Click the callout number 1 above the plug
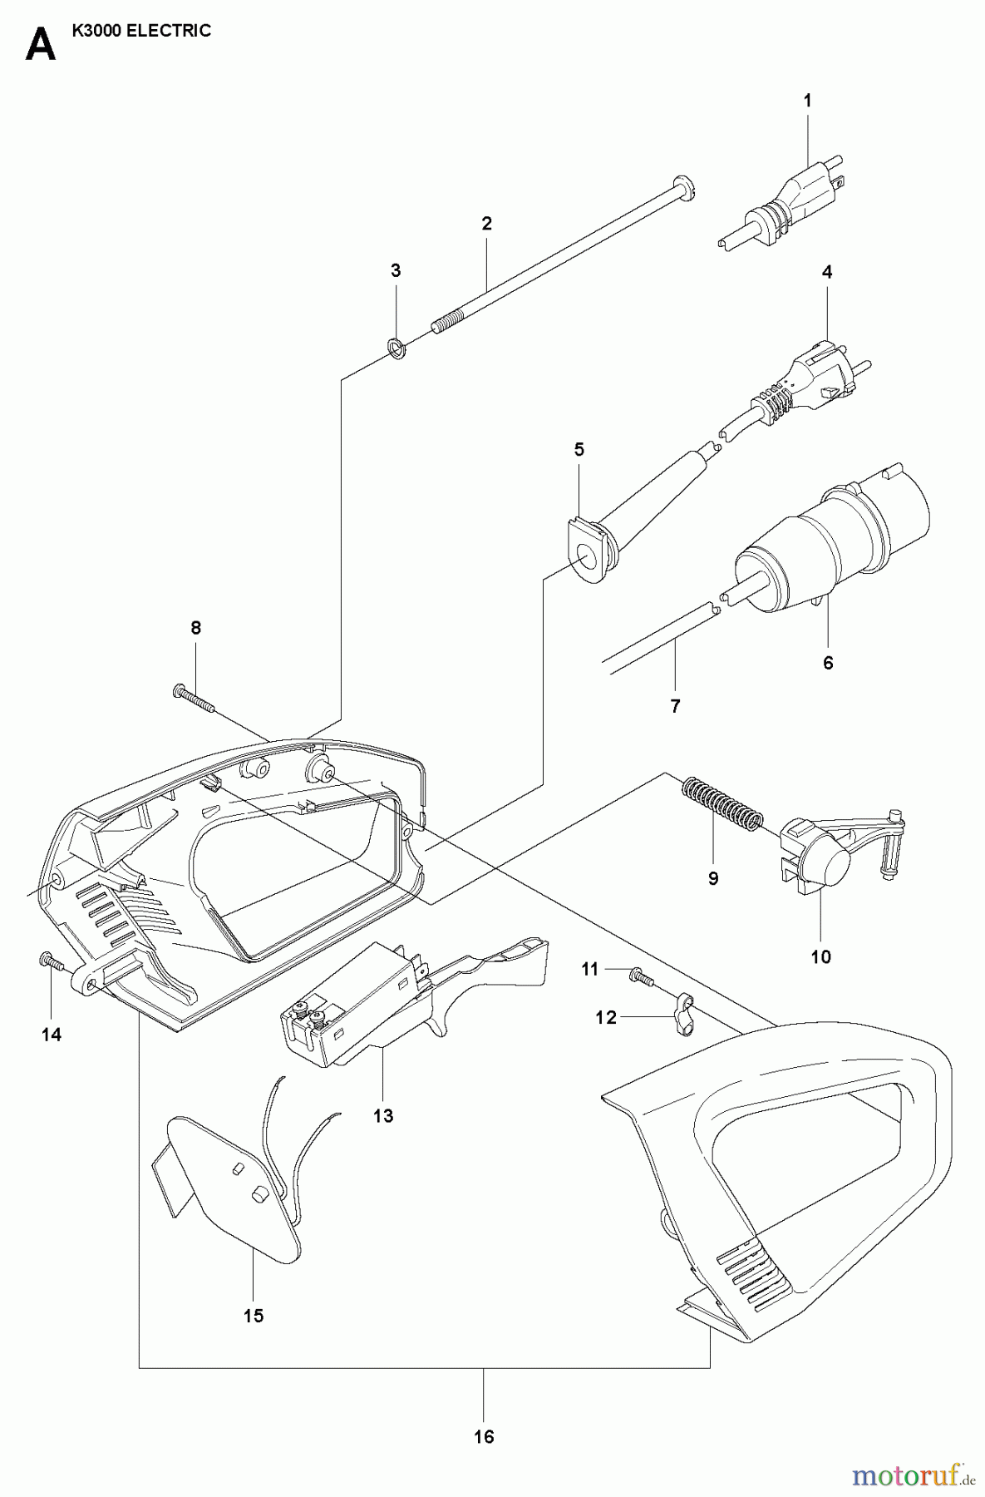pyautogui.click(x=808, y=101)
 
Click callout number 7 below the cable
pyautogui.click(x=675, y=706)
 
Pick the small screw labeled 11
pyautogui.click(x=637, y=973)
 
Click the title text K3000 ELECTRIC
pyautogui.click(x=142, y=31)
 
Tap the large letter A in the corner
pyautogui.click(x=40, y=45)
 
